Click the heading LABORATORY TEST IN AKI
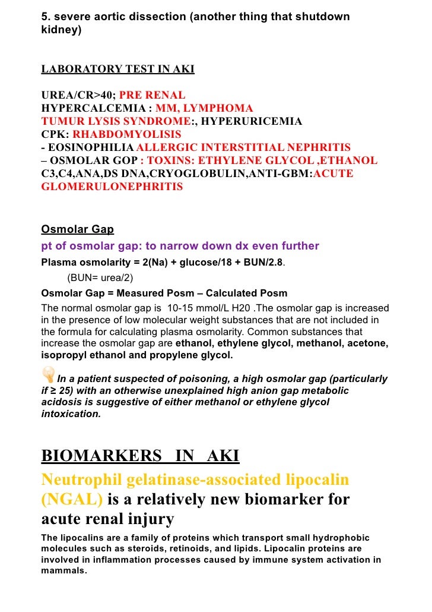[x=117, y=70]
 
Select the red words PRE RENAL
[x=153, y=95]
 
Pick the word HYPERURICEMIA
[x=250, y=121]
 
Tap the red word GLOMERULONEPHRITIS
[x=112, y=187]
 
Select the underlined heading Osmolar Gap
[x=77, y=229]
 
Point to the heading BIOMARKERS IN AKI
[x=140, y=456]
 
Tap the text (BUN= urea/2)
[x=100, y=277]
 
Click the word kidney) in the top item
[x=61, y=30]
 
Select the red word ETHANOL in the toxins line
[x=351, y=160]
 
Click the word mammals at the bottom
[x=63, y=570]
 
